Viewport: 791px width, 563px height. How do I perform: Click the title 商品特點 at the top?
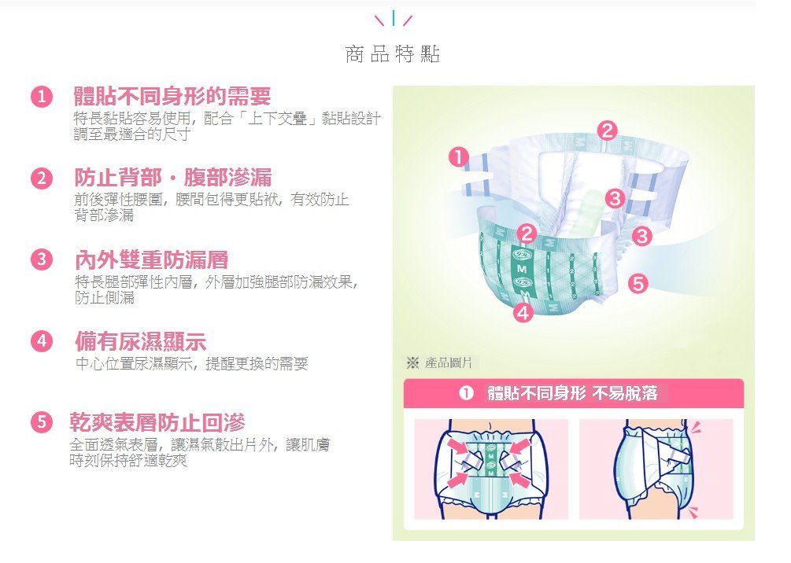tap(393, 54)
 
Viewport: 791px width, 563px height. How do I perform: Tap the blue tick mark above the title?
tap(393, 18)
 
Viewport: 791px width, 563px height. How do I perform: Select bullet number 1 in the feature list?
tap(42, 96)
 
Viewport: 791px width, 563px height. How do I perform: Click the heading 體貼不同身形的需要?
tap(172, 96)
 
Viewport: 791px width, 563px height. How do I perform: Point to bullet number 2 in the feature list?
tap(42, 178)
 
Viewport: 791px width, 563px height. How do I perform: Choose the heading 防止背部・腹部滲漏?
tap(173, 178)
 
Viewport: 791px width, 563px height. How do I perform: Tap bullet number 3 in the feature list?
tap(42, 259)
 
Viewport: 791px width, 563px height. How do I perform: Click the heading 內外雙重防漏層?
tap(151, 259)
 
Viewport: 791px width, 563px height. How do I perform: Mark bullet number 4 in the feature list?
tap(42, 341)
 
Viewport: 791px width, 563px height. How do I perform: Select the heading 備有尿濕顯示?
tap(141, 341)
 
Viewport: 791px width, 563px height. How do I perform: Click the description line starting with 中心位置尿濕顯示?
tap(192, 363)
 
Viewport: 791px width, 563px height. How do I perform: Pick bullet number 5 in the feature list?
tap(42, 422)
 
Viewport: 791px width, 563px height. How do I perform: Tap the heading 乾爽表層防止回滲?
tap(157, 422)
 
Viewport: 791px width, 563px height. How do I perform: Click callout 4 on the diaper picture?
tap(523, 313)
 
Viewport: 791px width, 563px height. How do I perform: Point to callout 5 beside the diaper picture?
tap(638, 284)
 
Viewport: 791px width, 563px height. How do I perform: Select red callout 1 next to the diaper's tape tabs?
tap(459, 157)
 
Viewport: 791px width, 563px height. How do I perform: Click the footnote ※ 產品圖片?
tap(439, 362)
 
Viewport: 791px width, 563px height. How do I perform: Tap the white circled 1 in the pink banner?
tap(466, 393)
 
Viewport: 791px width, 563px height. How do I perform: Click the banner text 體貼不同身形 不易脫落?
tap(572, 393)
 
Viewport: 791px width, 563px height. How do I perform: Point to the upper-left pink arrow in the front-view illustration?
tap(457, 446)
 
